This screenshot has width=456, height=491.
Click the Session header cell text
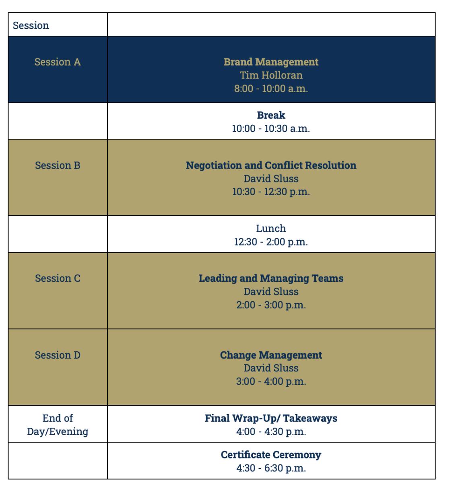31,25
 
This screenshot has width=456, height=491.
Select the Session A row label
58,62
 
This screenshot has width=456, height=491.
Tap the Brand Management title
271,62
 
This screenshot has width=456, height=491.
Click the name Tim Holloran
271,75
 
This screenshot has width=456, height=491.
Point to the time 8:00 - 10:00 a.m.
271,89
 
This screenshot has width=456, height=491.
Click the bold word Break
271,115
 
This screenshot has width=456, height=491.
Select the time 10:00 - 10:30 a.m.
271,128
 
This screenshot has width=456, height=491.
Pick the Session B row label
58,165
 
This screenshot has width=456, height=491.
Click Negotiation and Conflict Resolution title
271,165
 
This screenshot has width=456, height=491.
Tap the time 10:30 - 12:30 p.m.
271,192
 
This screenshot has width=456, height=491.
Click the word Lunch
271,229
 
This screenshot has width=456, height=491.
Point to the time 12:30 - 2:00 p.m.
271,242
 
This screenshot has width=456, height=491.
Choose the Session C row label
58,279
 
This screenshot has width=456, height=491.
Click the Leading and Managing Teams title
271,279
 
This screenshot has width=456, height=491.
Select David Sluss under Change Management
271,368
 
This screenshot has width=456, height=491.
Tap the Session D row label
58,355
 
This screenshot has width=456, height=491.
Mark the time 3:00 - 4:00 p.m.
271,381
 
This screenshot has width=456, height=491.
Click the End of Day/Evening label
58,425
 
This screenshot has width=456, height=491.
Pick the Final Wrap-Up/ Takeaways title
271,418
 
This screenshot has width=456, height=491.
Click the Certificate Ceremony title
271,455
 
